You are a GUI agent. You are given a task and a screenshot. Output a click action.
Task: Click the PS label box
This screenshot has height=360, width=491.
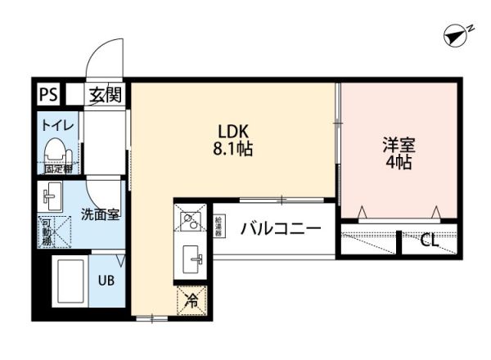click(47, 94)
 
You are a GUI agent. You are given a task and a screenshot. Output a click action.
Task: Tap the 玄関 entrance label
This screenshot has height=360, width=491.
click(105, 94)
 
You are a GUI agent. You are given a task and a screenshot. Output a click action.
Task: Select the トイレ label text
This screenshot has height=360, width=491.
click(58, 125)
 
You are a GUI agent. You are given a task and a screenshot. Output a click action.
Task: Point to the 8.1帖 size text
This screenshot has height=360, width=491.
click(233, 149)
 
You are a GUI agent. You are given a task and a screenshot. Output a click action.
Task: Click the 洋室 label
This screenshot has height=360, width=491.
click(399, 145)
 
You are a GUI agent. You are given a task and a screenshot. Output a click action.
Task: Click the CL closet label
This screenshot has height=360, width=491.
click(429, 241)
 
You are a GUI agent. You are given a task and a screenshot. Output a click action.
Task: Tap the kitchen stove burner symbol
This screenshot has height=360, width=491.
click(190, 219)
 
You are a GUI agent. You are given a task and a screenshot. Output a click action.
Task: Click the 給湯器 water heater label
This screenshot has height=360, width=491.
click(218, 226)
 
